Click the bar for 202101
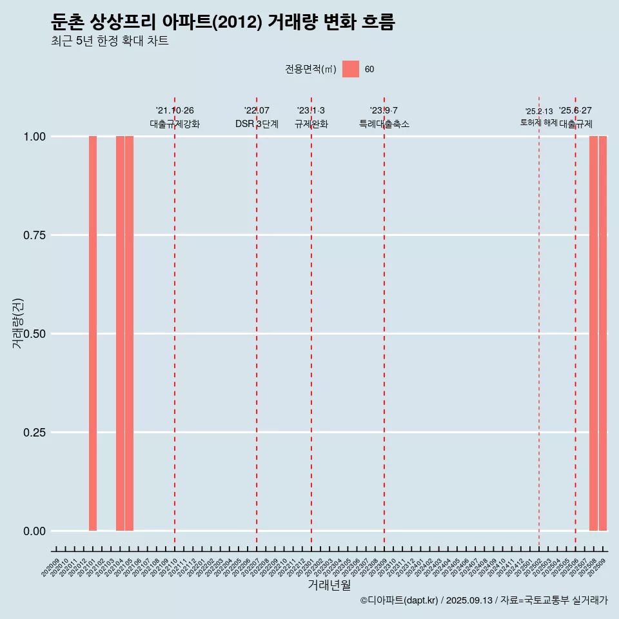pyautogui.click(x=93, y=333)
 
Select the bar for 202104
pyautogui.click(x=120, y=333)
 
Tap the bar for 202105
pyautogui.click(x=129, y=333)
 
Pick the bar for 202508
pyautogui.click(x=593, y=333)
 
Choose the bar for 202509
pyautogui.click(x=603, y=333)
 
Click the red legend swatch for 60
pyautogui.click(x=351, y=69)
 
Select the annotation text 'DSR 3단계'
pyautogui.click(x=257, y=124)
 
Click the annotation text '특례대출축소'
pyautogui.click(x=384, y=124)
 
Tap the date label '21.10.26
pyautogui.click(x=175, y=110)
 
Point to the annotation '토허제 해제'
pyautogui.click(x=539, y=123)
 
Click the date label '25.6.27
pyautogui.click(x=575, y=110)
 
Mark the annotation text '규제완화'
pyautogui.click(x=311, y=124)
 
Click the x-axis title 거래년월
pyautogui.click(x=329, y=585)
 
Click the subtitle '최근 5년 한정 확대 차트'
pyautogui.click(x=110, y=41)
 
